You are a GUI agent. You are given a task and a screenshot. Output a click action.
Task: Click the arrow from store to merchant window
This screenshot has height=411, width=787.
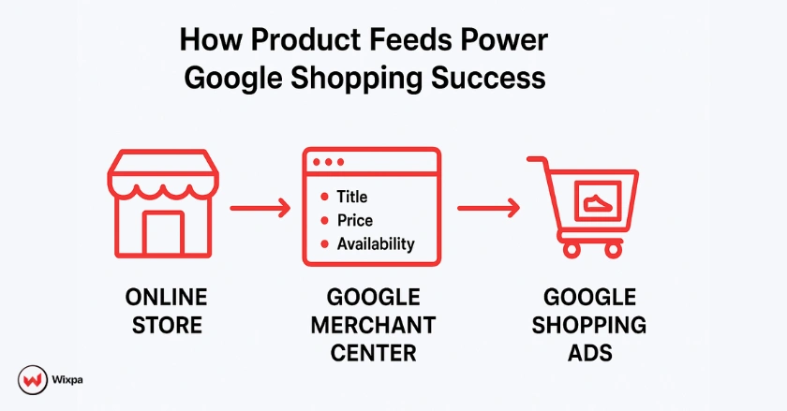260,208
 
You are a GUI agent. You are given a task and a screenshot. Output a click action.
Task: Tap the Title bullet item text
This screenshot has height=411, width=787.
352,197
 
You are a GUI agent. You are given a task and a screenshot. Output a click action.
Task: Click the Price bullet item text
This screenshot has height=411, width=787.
355,221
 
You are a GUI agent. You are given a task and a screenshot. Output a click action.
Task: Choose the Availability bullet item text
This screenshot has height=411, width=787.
376,244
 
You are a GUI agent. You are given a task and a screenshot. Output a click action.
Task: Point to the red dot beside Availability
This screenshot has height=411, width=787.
324,244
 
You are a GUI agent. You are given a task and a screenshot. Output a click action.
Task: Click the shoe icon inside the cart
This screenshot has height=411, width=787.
595,201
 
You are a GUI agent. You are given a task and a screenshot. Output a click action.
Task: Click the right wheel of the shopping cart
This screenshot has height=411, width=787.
613,249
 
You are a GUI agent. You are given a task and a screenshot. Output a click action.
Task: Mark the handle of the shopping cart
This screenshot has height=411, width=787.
537,162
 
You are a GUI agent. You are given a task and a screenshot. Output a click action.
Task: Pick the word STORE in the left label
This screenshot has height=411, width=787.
165,326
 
